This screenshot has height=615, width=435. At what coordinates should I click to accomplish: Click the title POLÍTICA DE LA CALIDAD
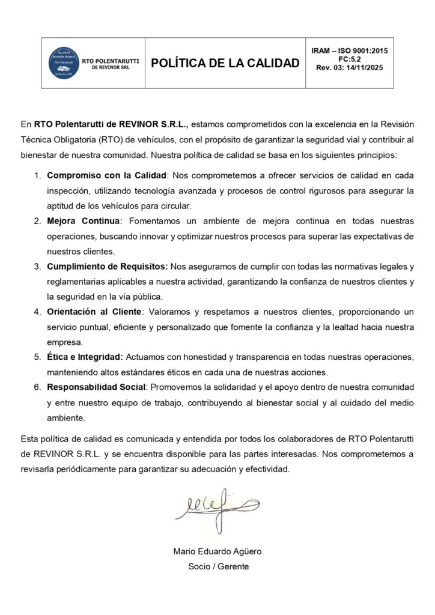click(225, 63)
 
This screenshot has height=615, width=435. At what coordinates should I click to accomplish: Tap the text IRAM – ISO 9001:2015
click(350, 50)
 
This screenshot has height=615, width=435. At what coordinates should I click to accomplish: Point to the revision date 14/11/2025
click(364, 68)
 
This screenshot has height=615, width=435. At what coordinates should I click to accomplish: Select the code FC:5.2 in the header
click(350, 59)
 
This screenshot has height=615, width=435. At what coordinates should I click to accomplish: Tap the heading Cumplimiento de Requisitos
click(107, 267)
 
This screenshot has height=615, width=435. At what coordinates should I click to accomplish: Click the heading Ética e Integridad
click(84, 357)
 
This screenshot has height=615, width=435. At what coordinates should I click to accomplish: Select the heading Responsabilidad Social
click(96, 387)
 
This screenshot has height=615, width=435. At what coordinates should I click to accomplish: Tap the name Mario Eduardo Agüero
click(217, 551)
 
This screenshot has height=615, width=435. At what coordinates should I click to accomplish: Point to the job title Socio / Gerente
click(218, 566)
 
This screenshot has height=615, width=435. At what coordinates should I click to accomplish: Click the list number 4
click(37, 312)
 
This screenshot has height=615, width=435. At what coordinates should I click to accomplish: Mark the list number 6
click(37, 387)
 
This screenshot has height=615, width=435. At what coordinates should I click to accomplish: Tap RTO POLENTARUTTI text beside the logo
click(111, 60)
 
